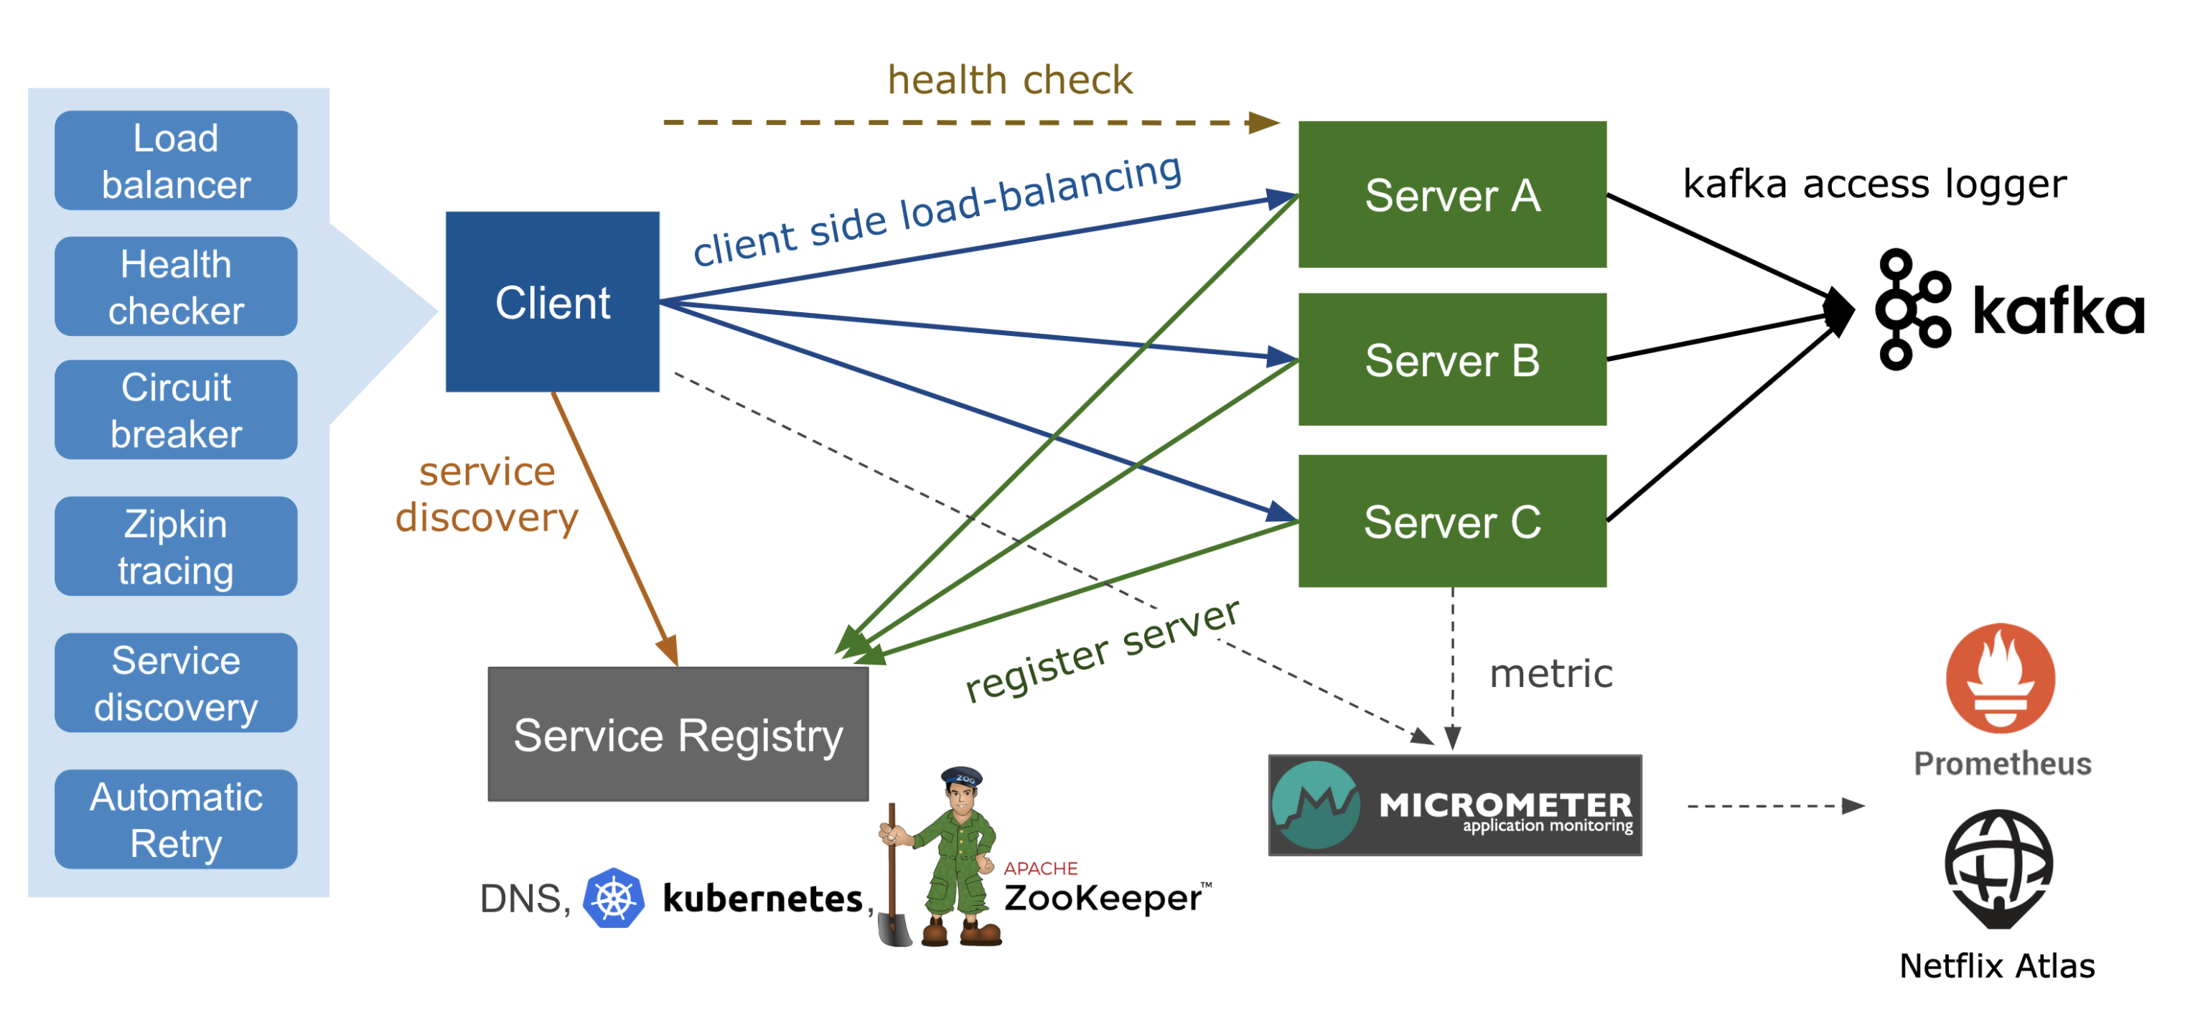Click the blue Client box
[x=552, y=301]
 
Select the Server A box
[x=1451, y=195]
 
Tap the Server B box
[x=1451, y=359]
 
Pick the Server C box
[x=1451, y=521]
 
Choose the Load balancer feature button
[x=176, y=160]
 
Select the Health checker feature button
[x=176, y=286]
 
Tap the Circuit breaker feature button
[x=176, y=410]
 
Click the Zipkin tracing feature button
[x=176, y=546]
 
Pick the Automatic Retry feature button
[x=176, y=819]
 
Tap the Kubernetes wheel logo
[x=613, y=897]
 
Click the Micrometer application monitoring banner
[x=1454, y=805]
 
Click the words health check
[x=1010, y=80]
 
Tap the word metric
[x=1550, y=673]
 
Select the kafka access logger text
[x=1874, y=184]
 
